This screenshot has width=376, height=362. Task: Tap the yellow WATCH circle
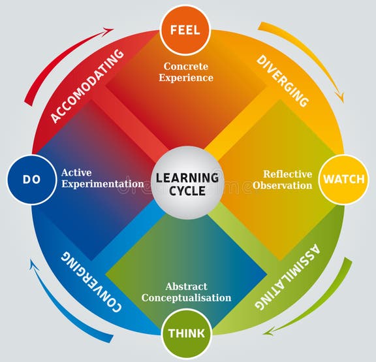pos(343,178)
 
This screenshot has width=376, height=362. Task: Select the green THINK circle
pos(187,333)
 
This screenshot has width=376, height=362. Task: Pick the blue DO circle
pos(30,179)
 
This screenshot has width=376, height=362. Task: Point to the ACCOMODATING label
pos(89,86)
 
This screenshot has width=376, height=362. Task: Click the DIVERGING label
pos(282,80)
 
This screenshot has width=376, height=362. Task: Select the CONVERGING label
pos(92,279)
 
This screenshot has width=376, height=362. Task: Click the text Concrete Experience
pos(188,72)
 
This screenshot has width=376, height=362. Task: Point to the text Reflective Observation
pos(287,180)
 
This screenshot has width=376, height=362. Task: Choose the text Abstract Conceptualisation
pos(189,292)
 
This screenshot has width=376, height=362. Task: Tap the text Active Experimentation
pos(102,178)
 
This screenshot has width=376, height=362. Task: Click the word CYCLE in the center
pos(187,191)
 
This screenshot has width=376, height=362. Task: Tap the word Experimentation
pos(102,184)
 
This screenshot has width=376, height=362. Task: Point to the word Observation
pos(287,186)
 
